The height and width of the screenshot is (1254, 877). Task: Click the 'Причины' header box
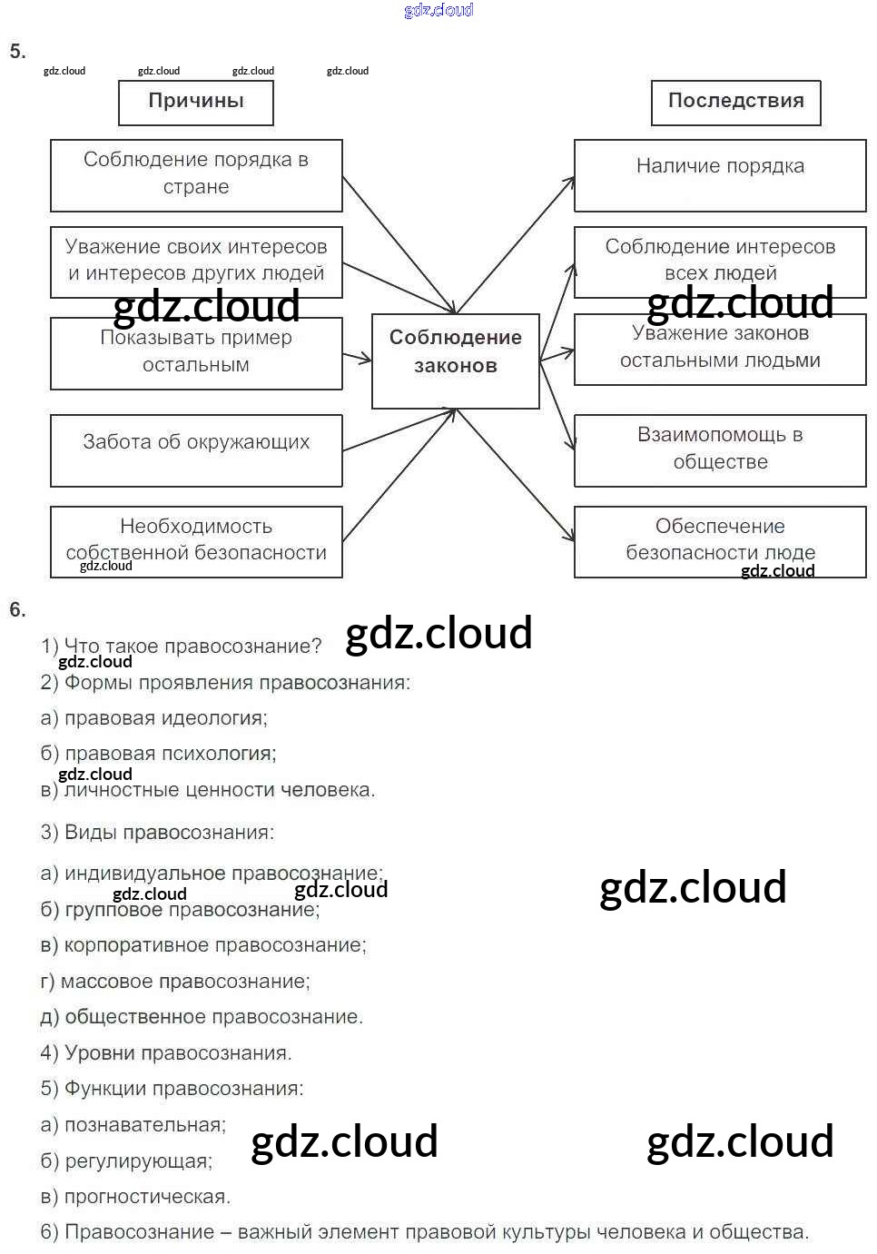point(196,102)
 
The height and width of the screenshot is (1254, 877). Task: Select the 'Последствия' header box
point(735,102)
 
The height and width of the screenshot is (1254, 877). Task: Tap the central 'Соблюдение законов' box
point(456,360)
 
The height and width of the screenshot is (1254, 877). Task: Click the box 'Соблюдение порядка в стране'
point(196,174)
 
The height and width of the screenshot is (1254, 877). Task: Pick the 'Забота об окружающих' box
point(196,449)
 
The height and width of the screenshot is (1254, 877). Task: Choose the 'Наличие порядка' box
point(720,174)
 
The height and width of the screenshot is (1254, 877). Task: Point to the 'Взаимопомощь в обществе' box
point(720,450)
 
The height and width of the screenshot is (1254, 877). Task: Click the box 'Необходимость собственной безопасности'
point(196,541)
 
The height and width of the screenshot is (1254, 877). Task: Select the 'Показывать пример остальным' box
point(196,352)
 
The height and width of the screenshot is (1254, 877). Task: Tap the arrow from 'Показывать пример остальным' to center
point(357,357)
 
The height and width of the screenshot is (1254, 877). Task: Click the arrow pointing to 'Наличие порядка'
point(516,245)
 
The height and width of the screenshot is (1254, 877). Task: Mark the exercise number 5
point(17,51)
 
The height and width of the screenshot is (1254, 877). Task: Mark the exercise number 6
point(17,609)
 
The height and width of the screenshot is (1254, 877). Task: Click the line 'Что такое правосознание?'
point(182,647)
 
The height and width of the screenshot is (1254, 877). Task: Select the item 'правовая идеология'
point(154,718)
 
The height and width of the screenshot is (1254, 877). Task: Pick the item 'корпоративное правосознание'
point(203,945)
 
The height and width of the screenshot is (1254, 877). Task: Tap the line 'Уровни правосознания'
point(166,1053)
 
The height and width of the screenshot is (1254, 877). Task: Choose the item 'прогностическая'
point(136,1197)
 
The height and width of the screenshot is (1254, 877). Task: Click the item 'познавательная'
point(133,1125)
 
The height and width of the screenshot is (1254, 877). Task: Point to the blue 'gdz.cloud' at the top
point(438,10)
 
